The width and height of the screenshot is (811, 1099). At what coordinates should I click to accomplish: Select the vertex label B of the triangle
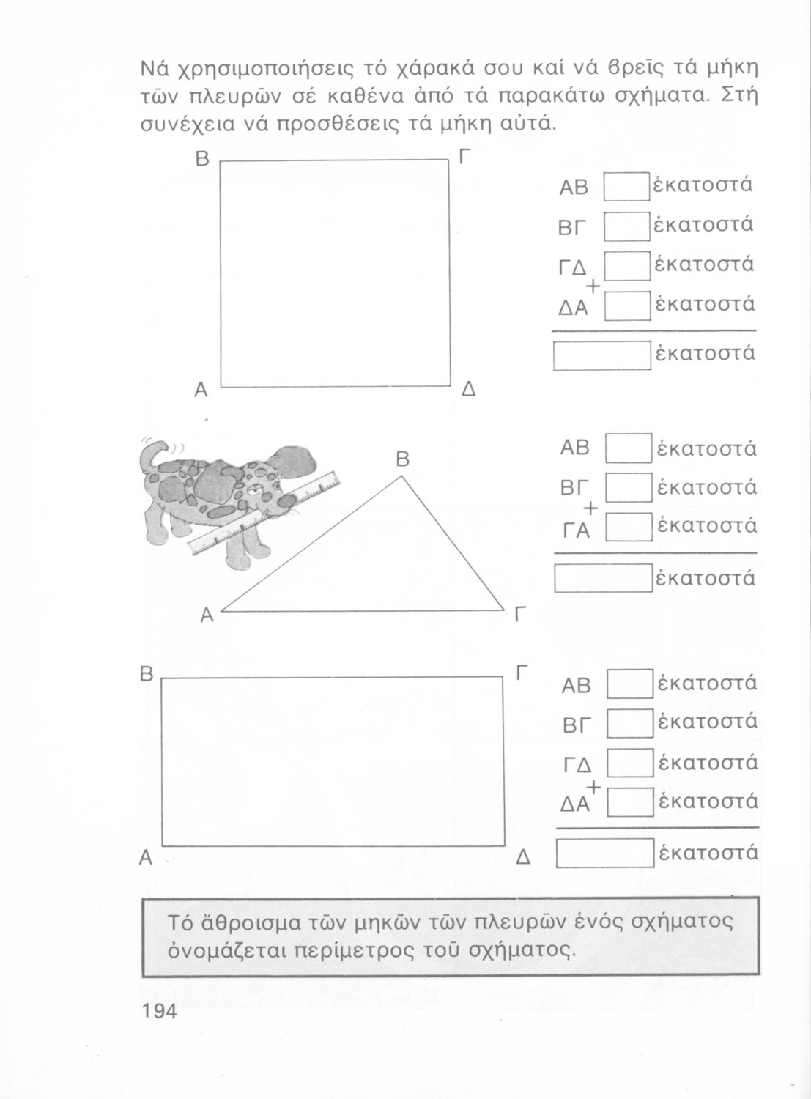click(402, 459)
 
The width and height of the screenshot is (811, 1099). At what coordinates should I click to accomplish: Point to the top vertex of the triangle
click(401, 476)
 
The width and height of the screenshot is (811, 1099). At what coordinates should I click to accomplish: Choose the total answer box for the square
click(601, 356)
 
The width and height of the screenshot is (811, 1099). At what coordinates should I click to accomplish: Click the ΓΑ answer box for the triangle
click(629, 527)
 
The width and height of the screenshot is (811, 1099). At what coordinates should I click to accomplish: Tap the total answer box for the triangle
click(604, 579)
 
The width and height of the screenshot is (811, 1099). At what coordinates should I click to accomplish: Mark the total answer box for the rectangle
click(605, 853)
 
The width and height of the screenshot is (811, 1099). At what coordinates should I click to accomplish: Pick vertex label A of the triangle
click(207, 615)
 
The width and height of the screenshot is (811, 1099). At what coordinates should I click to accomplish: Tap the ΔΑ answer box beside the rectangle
click(630, 802)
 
